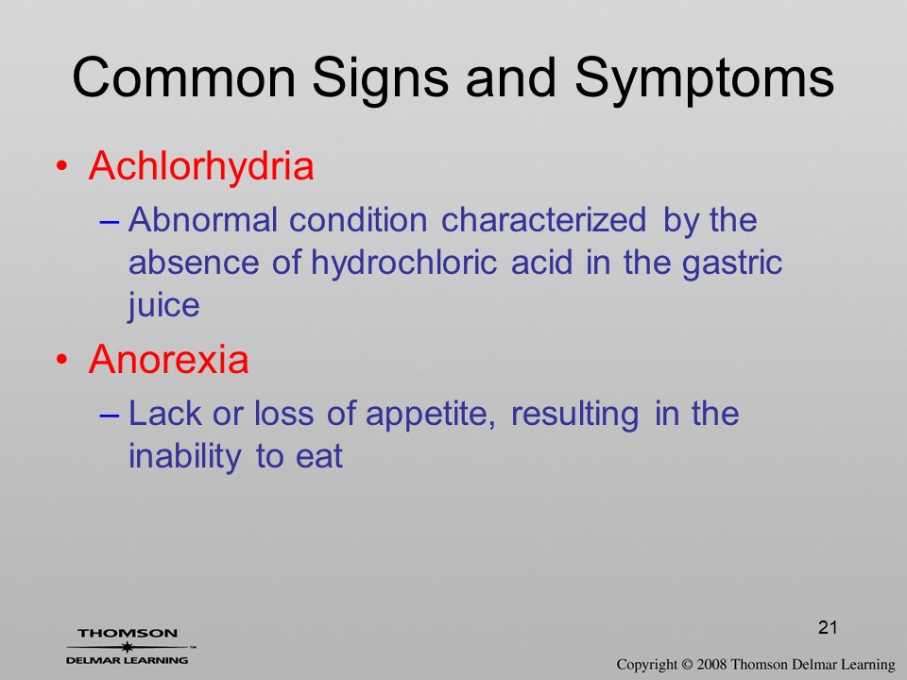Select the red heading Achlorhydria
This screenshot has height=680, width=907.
(201, 166)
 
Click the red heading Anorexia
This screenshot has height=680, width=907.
(168, 359)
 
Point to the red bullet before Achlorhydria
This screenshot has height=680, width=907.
(61, 166)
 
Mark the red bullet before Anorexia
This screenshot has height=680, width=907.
(61, 360)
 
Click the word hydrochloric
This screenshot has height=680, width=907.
(403, 263)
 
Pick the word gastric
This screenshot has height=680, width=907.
(731, 263)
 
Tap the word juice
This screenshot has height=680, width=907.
(163, 305)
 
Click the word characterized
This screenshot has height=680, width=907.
(543, 220)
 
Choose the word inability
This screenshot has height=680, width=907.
(184, 456)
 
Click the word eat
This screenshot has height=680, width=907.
(319, 457)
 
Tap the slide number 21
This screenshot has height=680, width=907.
(828, 627)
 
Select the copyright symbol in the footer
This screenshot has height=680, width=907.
(687, 665)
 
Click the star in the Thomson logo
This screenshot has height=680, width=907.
(127, 647)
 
